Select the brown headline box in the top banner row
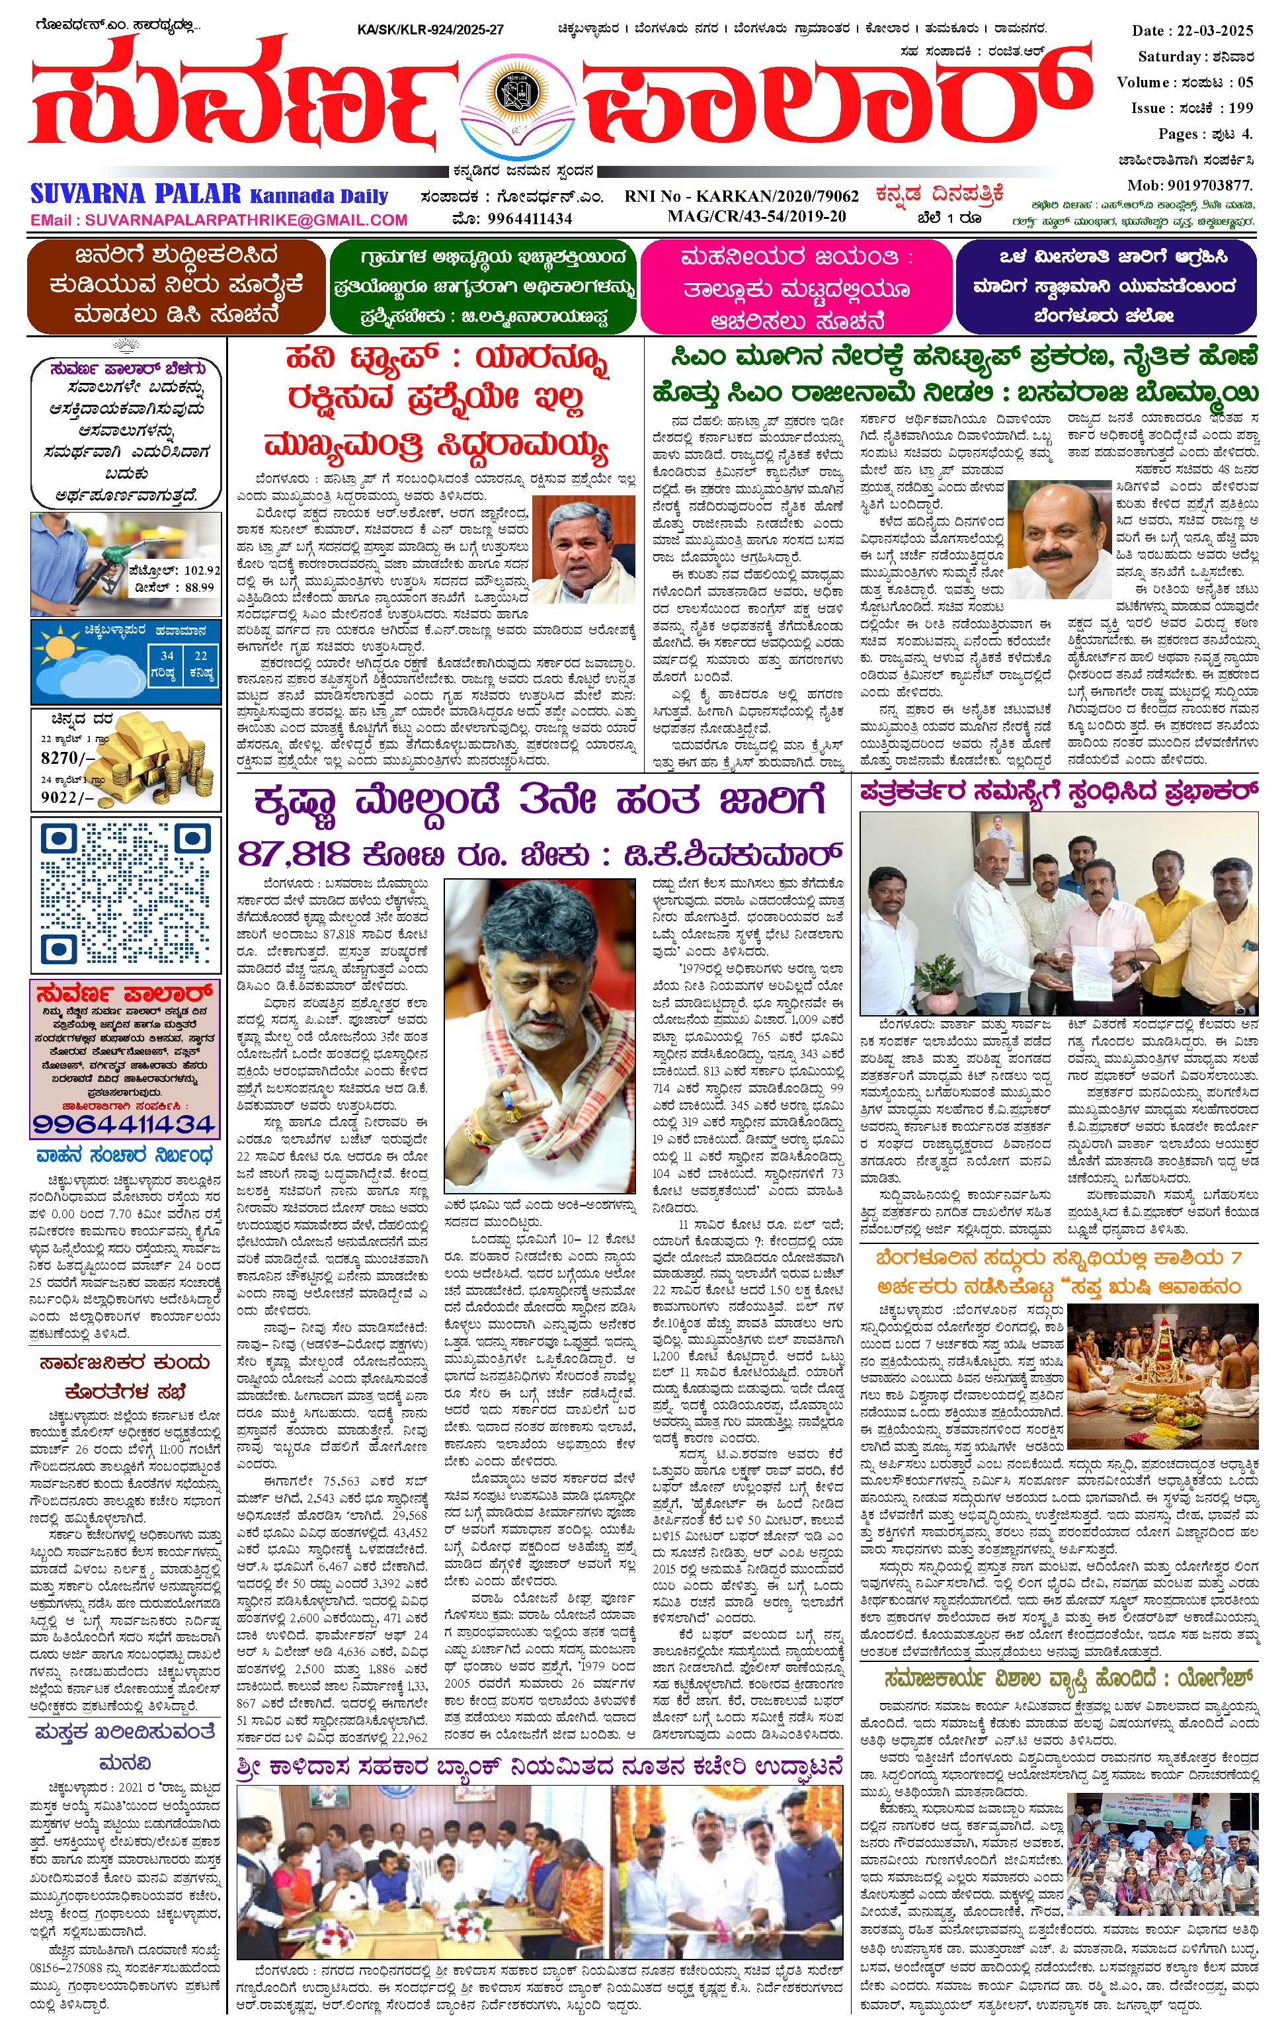175,286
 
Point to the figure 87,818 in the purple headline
293,854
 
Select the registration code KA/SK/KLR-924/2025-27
430,30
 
